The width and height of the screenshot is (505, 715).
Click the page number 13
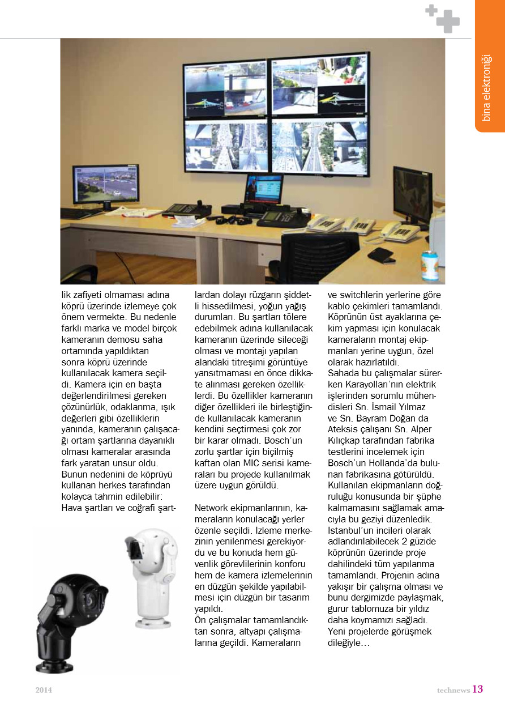(477, 689)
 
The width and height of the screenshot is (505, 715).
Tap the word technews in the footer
(453, 690)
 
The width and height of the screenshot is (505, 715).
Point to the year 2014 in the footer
(43, 690)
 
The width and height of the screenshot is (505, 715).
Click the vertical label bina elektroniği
(486, 88)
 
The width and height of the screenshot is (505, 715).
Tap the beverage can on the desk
(429, 265)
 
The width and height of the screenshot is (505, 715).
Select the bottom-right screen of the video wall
(319, 144)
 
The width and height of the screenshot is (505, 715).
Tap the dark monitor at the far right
(412, 193)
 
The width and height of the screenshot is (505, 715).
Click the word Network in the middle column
(212, 508)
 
